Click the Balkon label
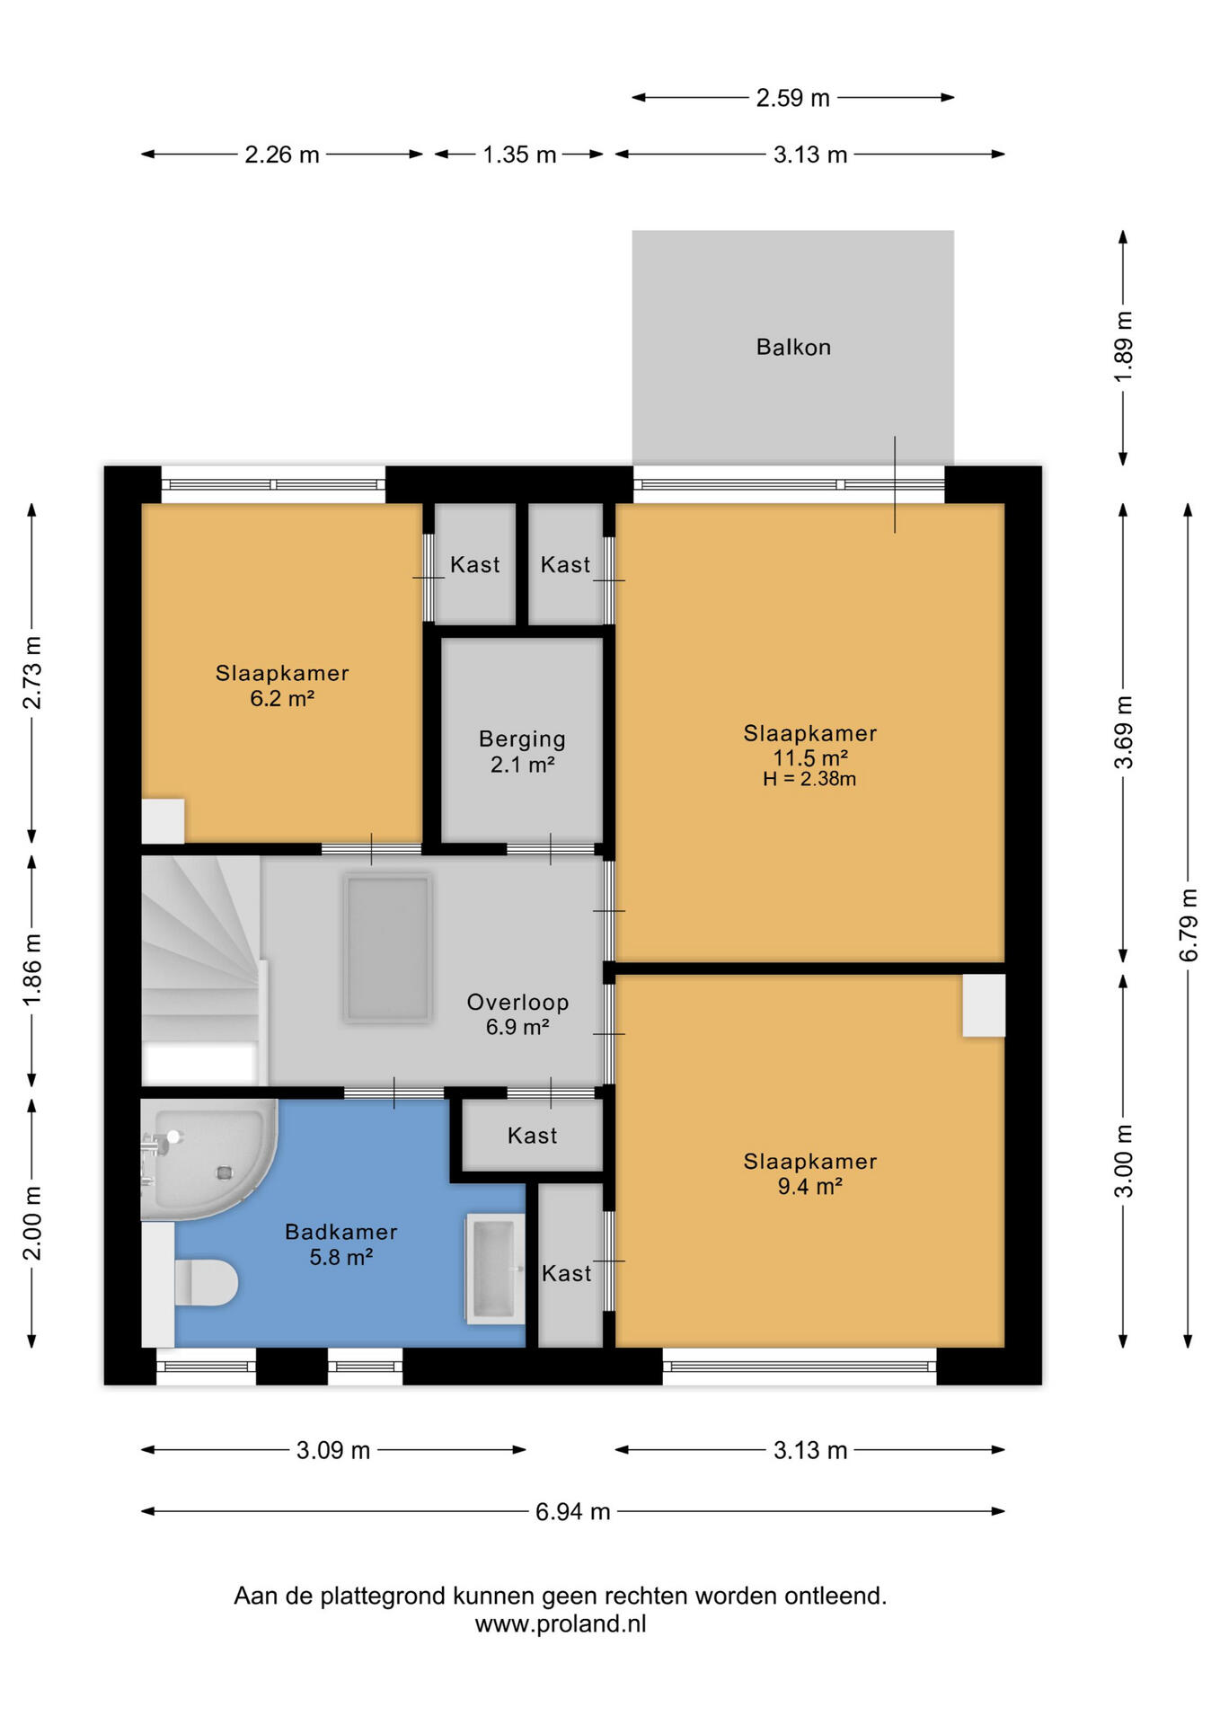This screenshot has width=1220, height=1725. coord(793,347)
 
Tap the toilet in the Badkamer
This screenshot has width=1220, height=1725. coord(206,1282)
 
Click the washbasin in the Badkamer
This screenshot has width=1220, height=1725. coord(494,1269)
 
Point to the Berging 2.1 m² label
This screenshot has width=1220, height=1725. coord(522,751)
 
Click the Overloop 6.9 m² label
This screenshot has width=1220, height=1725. coord(517,1014)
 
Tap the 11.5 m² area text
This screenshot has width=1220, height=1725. coord(810,757)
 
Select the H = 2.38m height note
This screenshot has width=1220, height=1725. coord(809,779)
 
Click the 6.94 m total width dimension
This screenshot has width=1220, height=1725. coord(573,1511)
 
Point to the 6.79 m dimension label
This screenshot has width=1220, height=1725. coord(1189,924)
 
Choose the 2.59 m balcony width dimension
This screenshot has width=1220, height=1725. coord(792,97)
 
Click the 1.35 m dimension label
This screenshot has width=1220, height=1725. coord(519,155)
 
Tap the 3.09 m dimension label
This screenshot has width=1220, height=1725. coord(333,1450)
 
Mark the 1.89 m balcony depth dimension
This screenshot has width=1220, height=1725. coord(1123,347)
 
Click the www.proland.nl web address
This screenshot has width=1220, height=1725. coord(561,1624)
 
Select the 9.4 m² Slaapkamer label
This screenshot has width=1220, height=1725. coord(810,1173)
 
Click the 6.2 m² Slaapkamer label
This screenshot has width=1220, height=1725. coord(282,686)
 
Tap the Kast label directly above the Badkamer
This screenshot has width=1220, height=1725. coord(532,1136)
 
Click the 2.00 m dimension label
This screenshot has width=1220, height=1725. coord(32,1223)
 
